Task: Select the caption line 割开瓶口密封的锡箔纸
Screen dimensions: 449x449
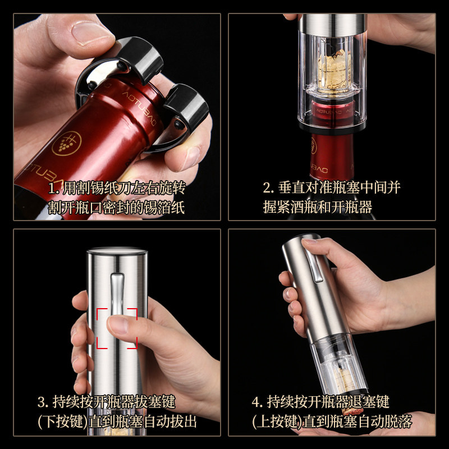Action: pyautogui.click(x=116, y=208)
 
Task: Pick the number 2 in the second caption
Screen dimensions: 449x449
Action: pyautogui.click(x=267, y=187)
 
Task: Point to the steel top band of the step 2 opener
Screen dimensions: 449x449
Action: pyautogui.click(x=331, y=22)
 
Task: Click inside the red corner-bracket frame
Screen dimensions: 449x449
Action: pyautogui.click(x=117, y=328)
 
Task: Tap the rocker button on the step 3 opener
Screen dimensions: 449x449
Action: pyautogui.click(x=117, y=292)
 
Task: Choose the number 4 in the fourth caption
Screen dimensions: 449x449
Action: pyautogui.click(x=256, y=402)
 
